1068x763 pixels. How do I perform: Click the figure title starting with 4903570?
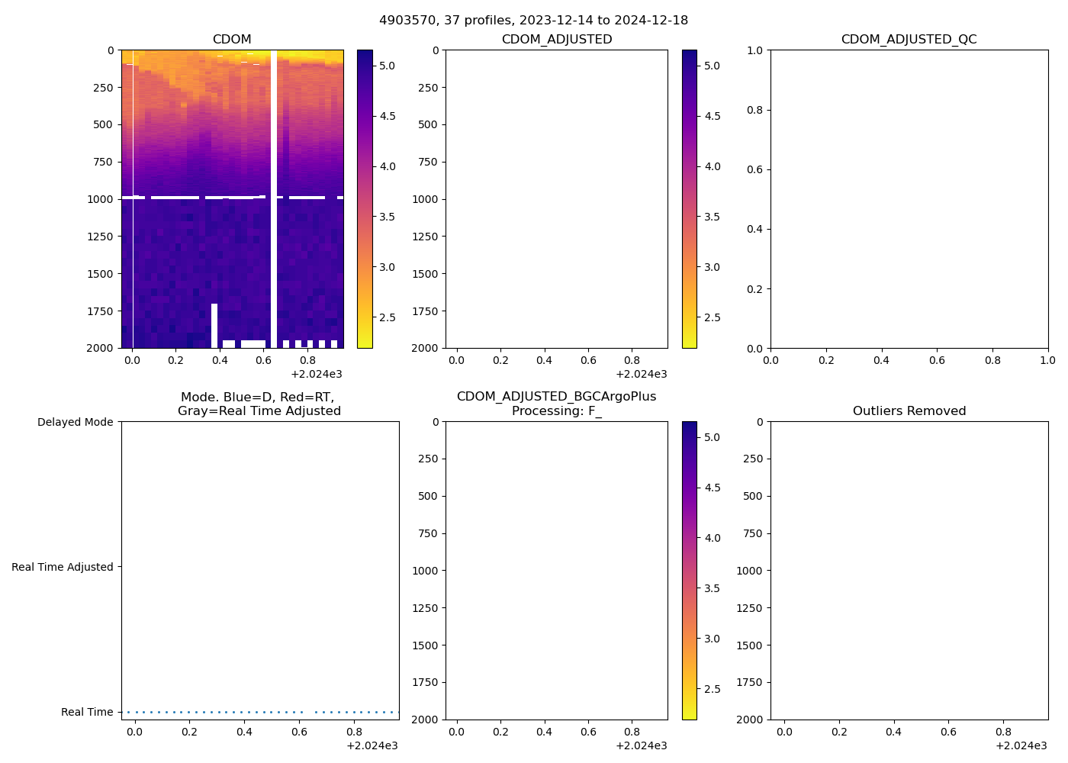coord(533,20)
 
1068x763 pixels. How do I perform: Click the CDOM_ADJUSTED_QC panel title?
coord(909,39)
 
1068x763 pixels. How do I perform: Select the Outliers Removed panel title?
coord(909,410)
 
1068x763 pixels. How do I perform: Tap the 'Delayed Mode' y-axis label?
coord(75,422)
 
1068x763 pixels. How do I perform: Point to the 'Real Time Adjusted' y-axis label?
coord(62,567)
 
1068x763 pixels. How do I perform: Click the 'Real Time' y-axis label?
coord(87,712)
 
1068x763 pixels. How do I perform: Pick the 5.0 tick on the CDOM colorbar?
coord(387,66)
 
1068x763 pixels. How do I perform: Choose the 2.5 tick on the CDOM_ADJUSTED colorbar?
coord(712,317)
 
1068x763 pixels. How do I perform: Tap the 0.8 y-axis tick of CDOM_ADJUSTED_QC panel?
coord(754,110)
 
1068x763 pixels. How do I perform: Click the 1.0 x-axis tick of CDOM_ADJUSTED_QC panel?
coord(1047,360)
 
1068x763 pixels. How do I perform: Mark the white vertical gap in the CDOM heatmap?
coord(274,198)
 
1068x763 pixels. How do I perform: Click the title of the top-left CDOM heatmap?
coord(232,39)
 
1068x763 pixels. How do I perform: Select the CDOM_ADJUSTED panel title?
coord(556,39)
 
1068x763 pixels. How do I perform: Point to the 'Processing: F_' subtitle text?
coord(556,410)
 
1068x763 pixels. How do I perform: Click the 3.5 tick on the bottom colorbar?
coord(712,588)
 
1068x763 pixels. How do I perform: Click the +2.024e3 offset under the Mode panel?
coord(372,745)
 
